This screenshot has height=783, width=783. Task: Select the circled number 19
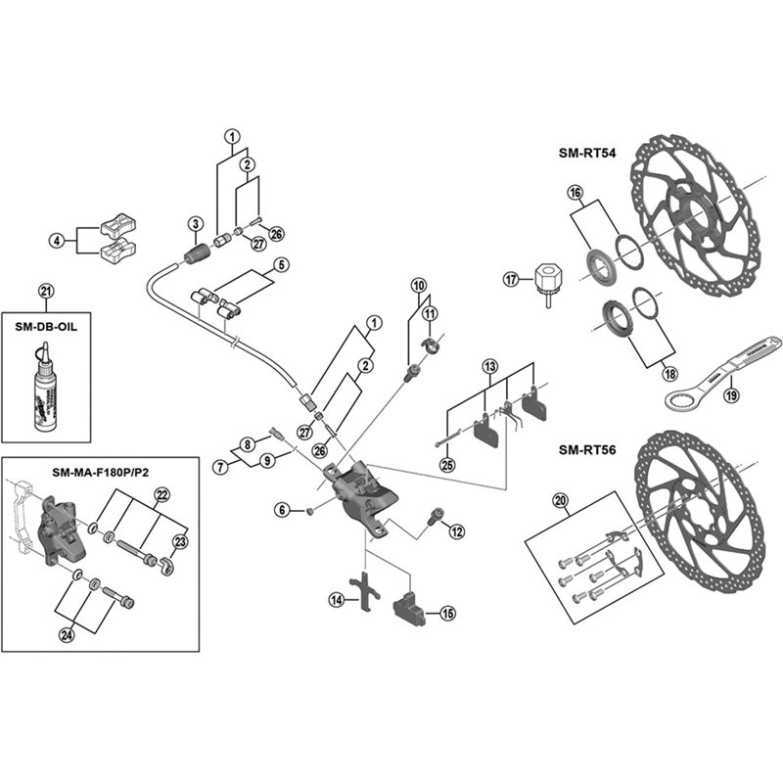click(x=730, y=396)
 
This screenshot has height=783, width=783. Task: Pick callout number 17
click(x=509, y=279)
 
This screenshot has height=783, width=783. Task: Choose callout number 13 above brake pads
click(x=490, y=368)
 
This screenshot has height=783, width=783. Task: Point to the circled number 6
click(x=282, y=509)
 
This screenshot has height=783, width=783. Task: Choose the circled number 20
click(x=561, y=502)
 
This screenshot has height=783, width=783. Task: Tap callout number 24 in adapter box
click(x=66, y=635)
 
